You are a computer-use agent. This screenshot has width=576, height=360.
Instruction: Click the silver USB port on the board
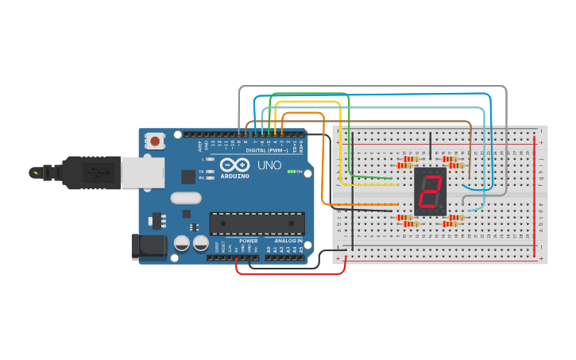[143, 172]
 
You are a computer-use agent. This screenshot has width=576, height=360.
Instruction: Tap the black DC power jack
[149, 246]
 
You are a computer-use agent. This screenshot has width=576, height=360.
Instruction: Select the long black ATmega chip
[257, 223]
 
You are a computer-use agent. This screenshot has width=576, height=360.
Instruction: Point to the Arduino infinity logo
[234, 166]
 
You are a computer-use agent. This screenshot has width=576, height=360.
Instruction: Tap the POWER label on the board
[248, 241]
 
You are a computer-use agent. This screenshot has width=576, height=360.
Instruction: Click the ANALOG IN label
[288, 241]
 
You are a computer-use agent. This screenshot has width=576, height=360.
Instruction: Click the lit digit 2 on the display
[430, 192]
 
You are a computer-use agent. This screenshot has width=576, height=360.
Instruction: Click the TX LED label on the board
[201, 171]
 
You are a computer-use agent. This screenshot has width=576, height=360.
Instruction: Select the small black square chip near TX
[187, 176]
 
